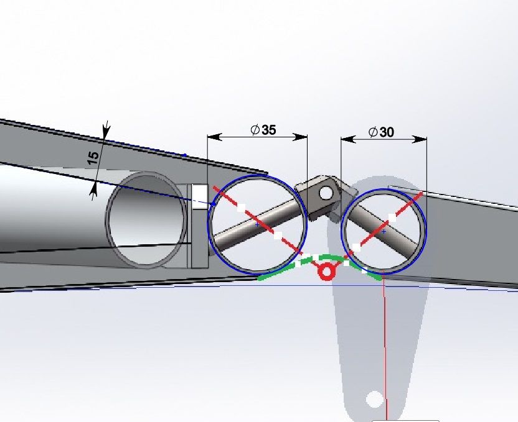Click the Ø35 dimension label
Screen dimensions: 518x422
(x=263, y=130)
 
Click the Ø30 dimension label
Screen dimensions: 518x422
(x=381, y=132)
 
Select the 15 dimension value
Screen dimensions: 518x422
(x=93, y=158)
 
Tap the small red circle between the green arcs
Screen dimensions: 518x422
(x=326, y=272)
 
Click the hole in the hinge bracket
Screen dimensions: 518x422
(x=326, y=193)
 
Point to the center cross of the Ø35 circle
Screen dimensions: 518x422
(x=257, y=224)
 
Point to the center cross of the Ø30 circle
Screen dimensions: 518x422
(x=384, y=232)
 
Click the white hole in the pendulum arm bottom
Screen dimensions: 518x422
(x=375, y=399)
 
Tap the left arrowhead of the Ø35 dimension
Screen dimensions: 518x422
(x=215, y=137)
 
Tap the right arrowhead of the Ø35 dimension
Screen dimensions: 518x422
(x=300, y=137)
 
